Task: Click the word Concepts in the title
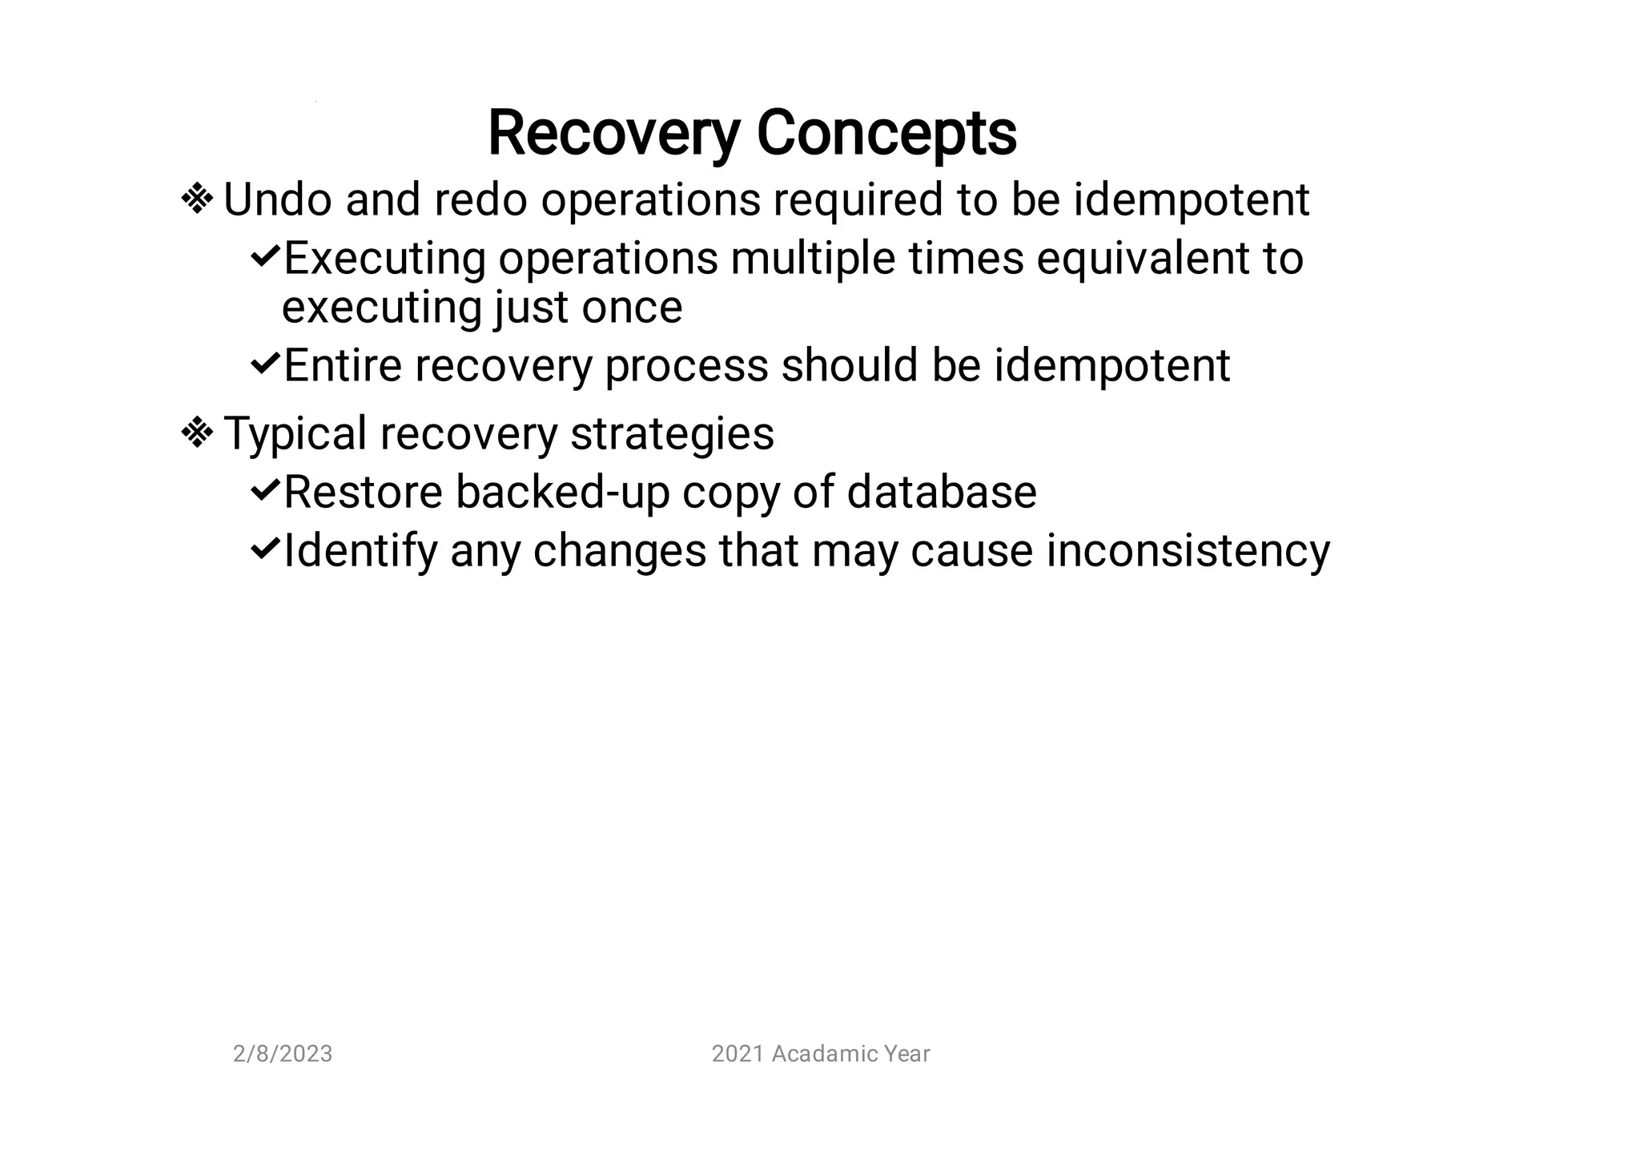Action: (x=886, y=134)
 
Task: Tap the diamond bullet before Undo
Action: (x=197, y=199)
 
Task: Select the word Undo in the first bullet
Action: (x=277, y=199)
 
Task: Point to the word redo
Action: (x=480, y=199)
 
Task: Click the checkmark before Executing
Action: (x=264, y=257)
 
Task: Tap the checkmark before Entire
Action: (x=264, y=364)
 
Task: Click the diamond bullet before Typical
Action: (x=197, y=433)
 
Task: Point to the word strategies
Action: (x=672, y=434)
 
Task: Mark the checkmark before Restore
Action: (x=264, y=490)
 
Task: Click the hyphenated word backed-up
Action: (x=562, y=492)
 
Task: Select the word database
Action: (x=942, y=492)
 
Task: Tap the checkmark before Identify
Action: (x=264, y=549)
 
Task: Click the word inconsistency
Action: (x=1188, y=551)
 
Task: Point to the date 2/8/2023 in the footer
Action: (x=283, y=1054)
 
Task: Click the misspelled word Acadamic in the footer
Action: (x=813, y=1054)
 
